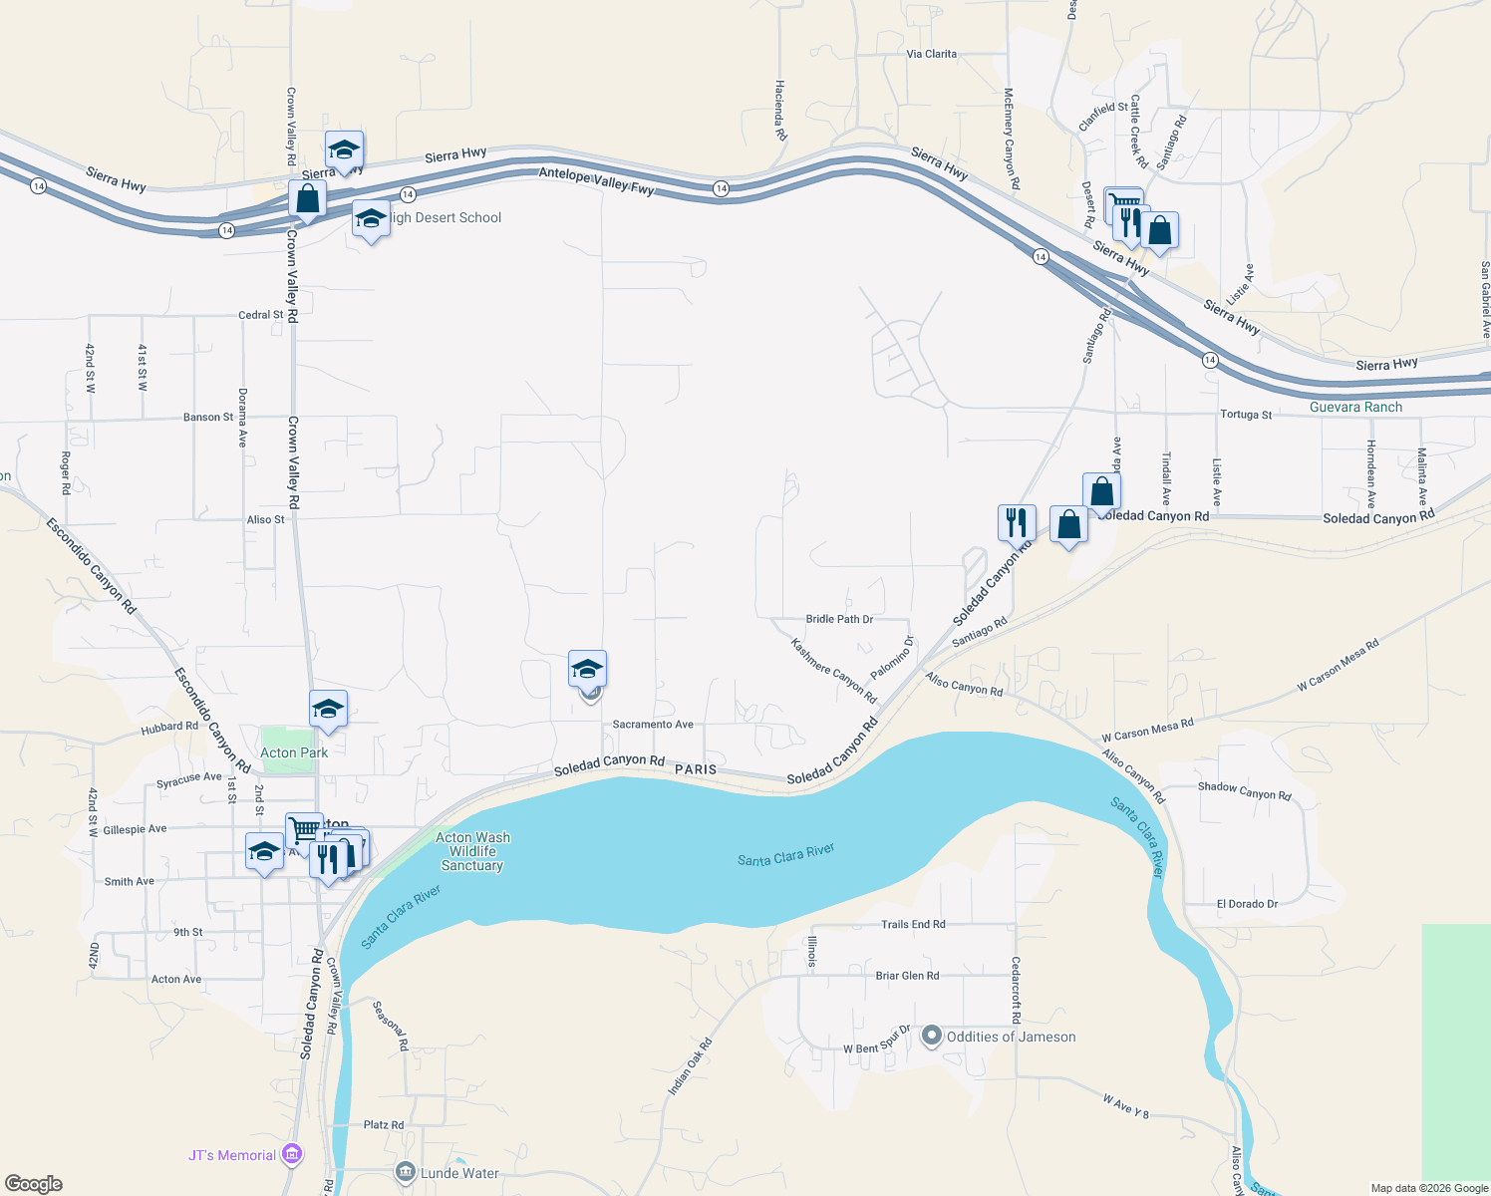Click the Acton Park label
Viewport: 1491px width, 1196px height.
(x=294, y=752)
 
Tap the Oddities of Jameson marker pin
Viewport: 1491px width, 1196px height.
(x=932, y=1037)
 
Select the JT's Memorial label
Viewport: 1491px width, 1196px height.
(x=232, y=1155)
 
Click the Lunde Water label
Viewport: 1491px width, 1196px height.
(x=459, y=1173)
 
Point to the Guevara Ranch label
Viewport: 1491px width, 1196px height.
(x=1355, y=407)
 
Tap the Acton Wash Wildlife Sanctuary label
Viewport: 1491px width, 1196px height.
(x=472, y=851)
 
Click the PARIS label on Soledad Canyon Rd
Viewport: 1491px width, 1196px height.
(x=696, y=769)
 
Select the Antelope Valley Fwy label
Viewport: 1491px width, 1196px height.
(x=596, y=180)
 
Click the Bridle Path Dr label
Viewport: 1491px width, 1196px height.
(x=839, y=619)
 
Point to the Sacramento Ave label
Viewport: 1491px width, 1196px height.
(x=653, y=725)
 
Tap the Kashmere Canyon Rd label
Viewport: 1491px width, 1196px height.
(x=833, y=671)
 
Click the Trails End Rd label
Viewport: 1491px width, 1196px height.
(x=913, y=924)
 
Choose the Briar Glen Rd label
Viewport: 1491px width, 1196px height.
(x=907, y=976)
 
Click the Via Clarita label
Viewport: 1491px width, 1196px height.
(x=932, y=54)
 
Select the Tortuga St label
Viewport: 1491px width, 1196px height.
(x=1246, y=415)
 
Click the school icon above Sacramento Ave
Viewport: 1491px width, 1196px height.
(x=587, y=669)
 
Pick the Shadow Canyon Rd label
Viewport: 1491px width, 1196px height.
(x=1244, y=790)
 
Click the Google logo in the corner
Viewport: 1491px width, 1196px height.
(x=34, y=1184)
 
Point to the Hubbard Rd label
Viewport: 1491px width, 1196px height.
(x=169, y=727)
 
